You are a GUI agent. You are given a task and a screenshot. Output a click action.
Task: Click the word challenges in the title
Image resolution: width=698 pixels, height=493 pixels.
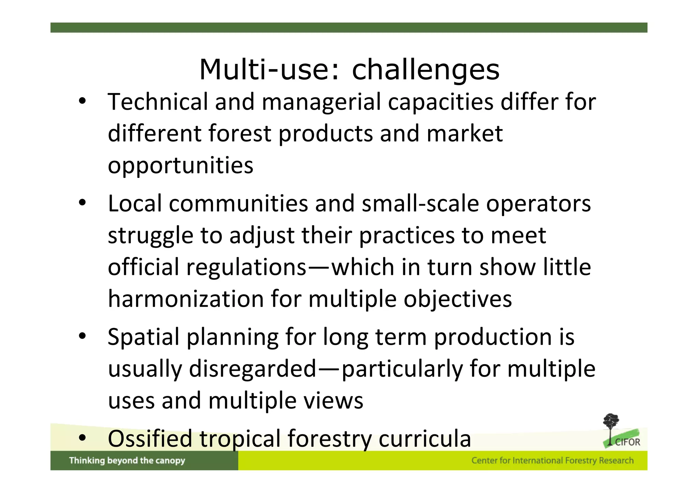[425, 70]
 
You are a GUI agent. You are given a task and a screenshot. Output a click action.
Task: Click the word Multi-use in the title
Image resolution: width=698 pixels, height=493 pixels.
[269, 70]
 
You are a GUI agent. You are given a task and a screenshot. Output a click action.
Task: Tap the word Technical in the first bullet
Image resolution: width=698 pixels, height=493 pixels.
[157, 102]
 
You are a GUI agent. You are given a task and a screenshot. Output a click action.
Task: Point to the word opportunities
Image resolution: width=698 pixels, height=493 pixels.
[181, 166]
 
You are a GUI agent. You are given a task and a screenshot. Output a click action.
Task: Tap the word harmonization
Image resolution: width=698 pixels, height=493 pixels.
[186, 299]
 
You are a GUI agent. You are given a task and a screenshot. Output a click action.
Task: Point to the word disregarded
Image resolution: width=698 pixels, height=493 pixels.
[253, 369]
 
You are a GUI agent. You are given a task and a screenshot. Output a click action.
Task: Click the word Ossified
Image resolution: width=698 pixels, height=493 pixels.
[150, 439]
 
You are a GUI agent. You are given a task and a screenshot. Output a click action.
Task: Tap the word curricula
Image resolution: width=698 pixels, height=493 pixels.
[425, 439]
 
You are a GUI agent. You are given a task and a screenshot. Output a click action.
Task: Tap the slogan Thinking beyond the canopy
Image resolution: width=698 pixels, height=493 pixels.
[127, 461]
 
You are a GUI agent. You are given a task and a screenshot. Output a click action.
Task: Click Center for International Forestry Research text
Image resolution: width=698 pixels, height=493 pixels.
[552, 461]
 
